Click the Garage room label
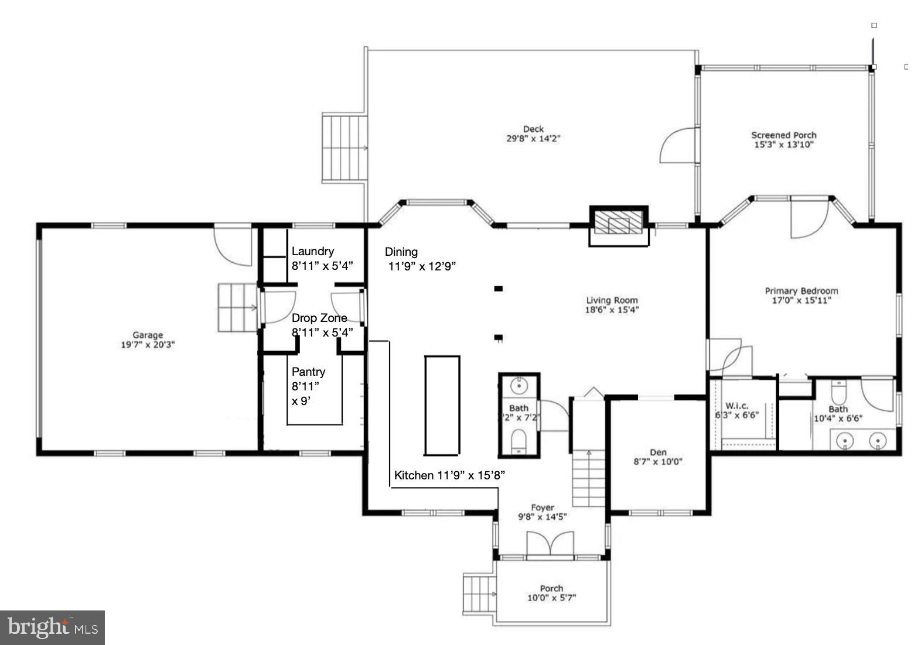(147, 335)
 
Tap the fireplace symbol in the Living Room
(618, 225)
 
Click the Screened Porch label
(784, 135)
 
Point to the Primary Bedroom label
(801, 291)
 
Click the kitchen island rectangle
(442, 404)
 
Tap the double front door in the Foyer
(549, 545)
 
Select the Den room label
(658, 452)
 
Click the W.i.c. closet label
(736, 406)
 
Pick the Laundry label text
(313, 251)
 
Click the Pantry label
(308, 372)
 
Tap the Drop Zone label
(319, 318)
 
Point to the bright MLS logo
(52, 627)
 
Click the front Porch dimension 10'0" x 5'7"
(551, 598)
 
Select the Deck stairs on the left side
(344, 149)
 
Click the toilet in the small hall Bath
(519, 441)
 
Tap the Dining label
(401, 252)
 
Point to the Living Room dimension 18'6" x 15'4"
(612, 310)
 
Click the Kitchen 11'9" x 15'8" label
(449, 475)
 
